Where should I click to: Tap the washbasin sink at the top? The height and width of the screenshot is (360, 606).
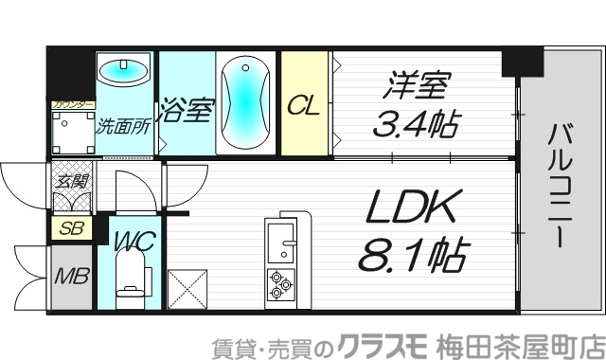[x=124, y=71]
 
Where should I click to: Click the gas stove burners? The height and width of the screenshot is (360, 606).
[x=280, y=282]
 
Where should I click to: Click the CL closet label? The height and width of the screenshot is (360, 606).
[x=303, y=104]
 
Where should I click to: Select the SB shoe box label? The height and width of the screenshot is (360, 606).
[x=69, y=227]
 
